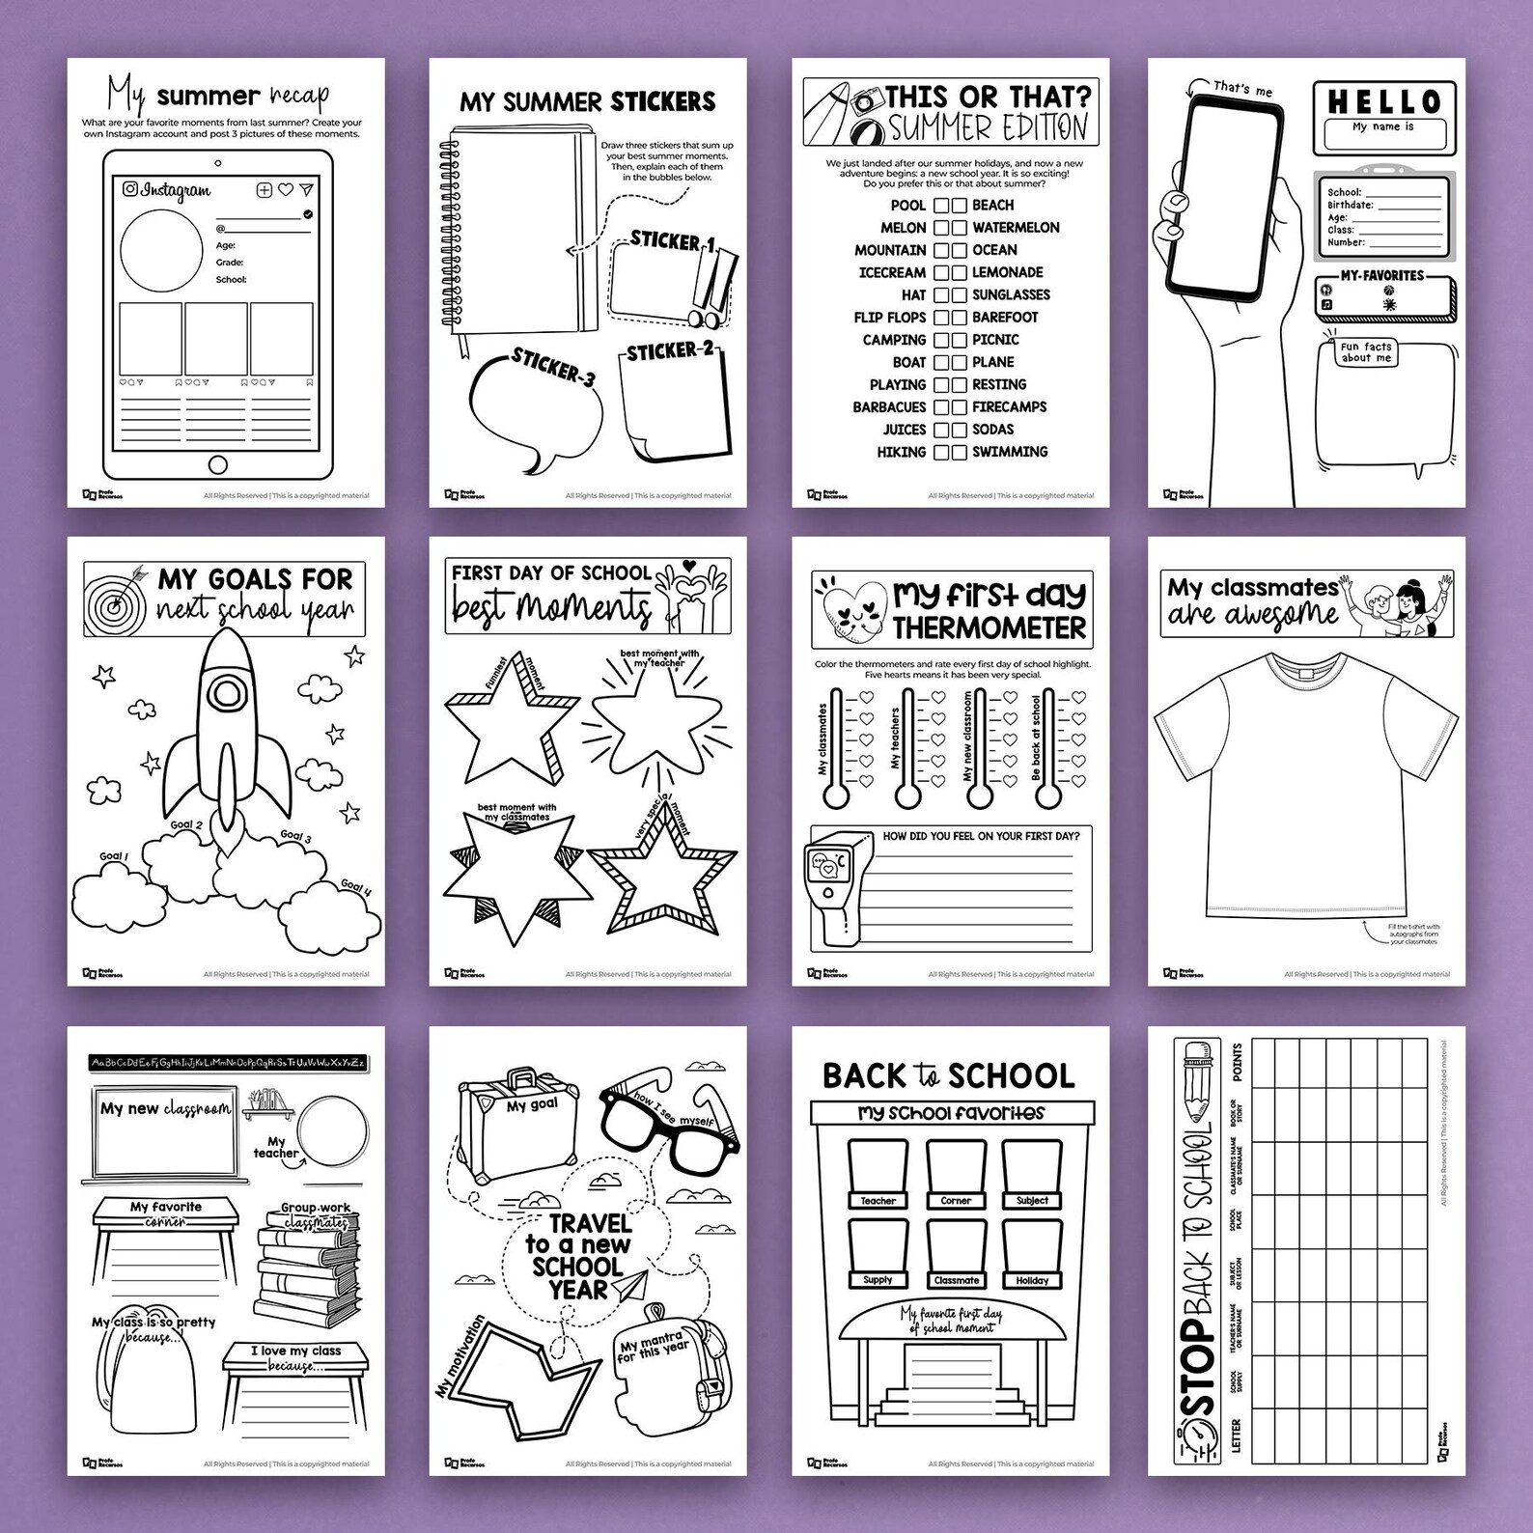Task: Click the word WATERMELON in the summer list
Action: [x=1016, y=228]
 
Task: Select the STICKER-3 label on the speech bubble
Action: [x=552, y=370]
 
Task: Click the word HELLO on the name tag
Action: [x=1383, y=101]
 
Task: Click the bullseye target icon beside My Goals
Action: [x=114, y=599]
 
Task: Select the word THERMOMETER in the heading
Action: [x=989, y=628]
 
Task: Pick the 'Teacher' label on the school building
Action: [x=878, y=1201]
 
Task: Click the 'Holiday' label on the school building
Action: [x=1032, y=1280]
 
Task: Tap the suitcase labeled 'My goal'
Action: [x=519, y=1119]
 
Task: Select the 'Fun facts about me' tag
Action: [x=1366, y=352]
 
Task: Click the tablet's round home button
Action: [x=218, y=465]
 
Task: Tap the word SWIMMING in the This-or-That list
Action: [x=1010, y=452]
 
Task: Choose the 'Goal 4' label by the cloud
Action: [x=354, y=889]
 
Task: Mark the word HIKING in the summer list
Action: [x=901, y=452]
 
